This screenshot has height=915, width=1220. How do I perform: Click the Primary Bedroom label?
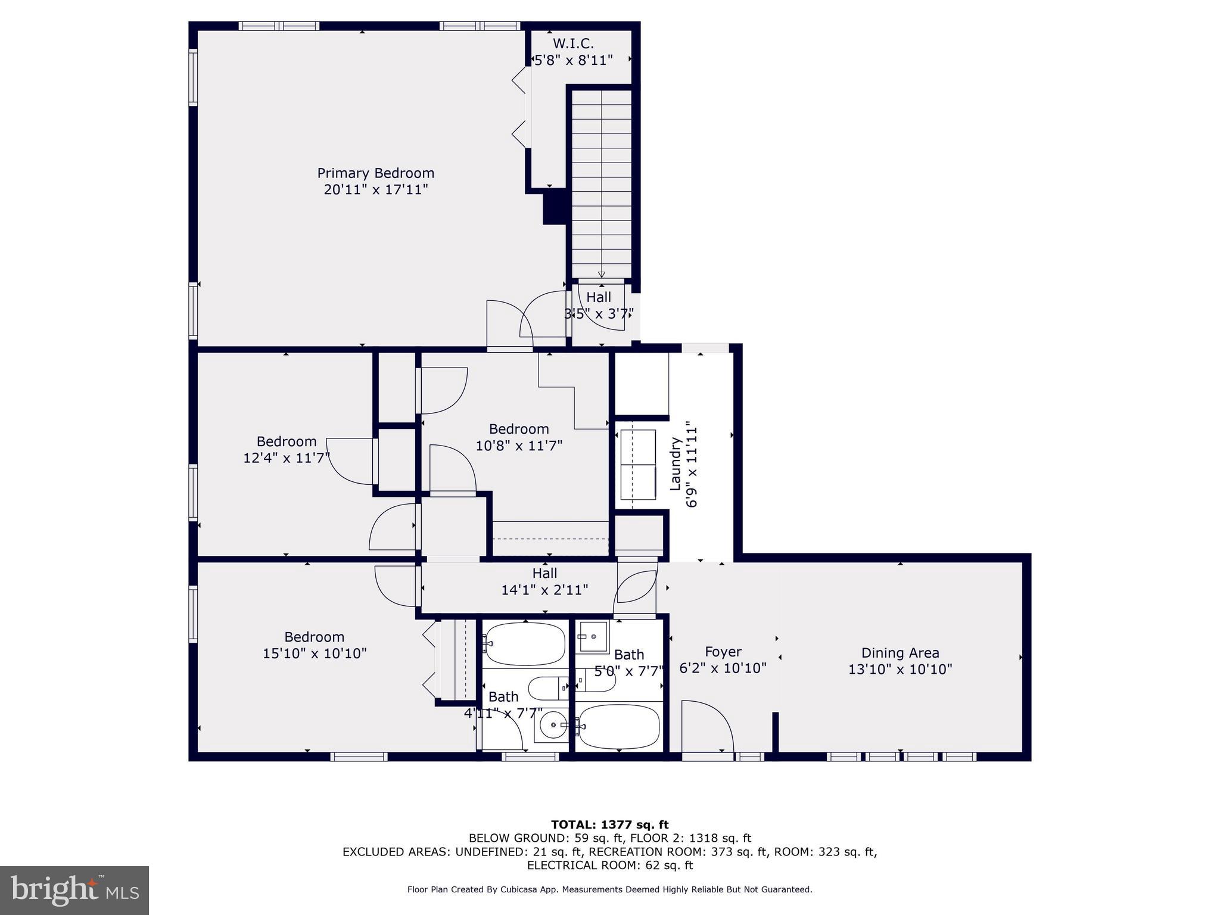[375, 173]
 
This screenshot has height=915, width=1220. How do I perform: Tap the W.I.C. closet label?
[573, 43]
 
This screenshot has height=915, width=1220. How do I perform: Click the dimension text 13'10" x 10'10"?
[900, 669]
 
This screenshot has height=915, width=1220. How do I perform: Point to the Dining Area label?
[900, 653]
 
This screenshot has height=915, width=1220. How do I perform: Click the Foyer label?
[723, 652]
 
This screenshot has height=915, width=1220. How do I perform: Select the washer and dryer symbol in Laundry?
[637, 465]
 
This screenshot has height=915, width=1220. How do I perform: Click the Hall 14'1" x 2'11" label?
[544, 581]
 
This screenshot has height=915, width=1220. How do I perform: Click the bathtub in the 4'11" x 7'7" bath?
[524, 644]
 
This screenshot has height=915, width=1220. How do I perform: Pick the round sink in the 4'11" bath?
[553, 725]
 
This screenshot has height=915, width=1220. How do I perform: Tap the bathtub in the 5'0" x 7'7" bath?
[618, 726]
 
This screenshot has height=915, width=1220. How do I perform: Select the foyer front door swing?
[708, 727]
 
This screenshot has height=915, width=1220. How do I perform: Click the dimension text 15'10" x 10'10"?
[315, 653]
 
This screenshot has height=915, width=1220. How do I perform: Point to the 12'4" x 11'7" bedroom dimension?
[287, 458]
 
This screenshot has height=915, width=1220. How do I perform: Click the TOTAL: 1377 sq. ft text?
[609, 824]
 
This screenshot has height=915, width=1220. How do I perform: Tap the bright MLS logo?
[74, 890]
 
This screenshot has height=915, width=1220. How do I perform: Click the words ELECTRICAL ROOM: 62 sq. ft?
[609, 865]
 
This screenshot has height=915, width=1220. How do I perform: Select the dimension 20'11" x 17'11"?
[375, 189]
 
